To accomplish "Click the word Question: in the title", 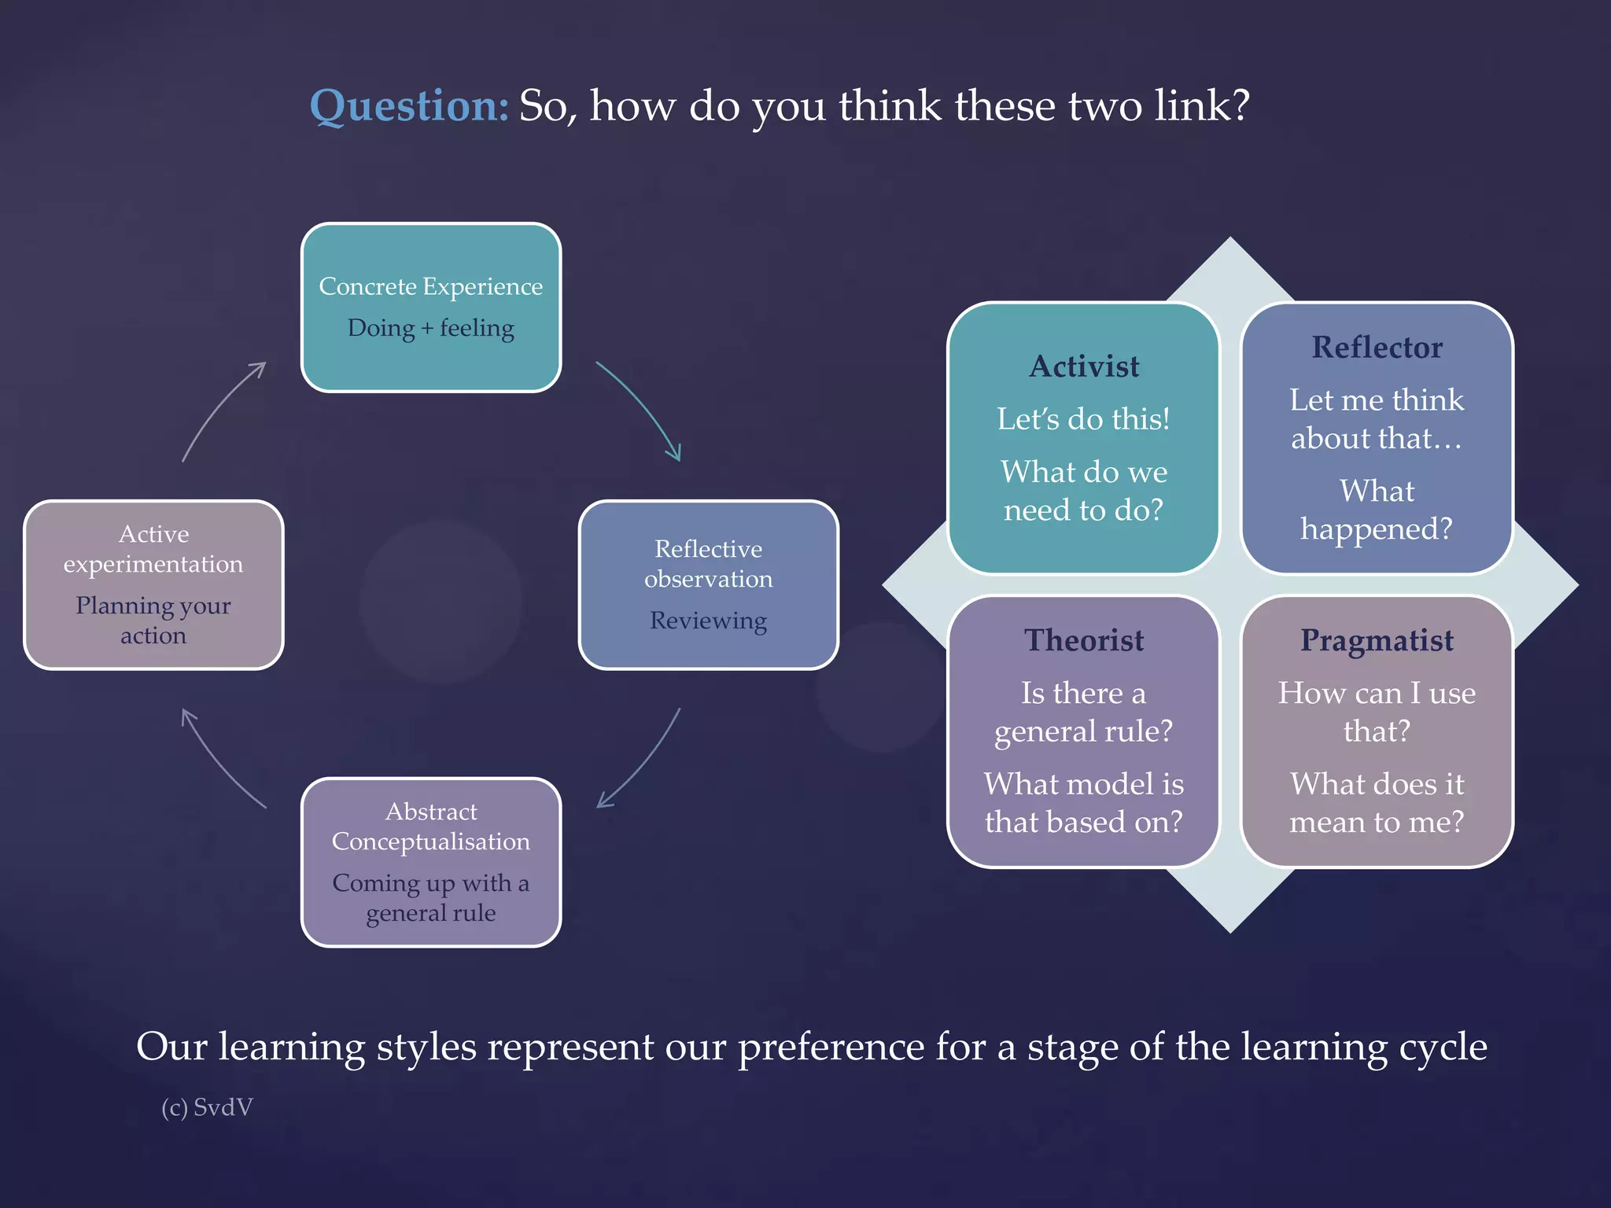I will click(x=409, y=106).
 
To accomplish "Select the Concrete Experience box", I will click(x=431, y=308).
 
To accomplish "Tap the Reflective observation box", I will click(x=708, y=584).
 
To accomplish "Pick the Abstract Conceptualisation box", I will click(x=431, y=862).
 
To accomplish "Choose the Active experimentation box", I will click(x=153, y=584).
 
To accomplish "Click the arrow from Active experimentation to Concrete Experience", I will click(x=220, y=409).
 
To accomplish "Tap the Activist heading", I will click(x=1084, y=366).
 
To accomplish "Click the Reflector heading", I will click(x=1377, y=348).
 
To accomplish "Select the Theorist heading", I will click(x=1084, y=640).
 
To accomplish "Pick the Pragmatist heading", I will click(x=1377, y=640).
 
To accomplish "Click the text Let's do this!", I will click(x=1084, y=419).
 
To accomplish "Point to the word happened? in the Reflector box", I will click(x=1377, y=529).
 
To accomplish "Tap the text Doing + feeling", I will click(x=431, y=328).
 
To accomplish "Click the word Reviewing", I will click(x=708, y=621).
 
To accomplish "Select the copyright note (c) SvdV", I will click(x=207, y=1107).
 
